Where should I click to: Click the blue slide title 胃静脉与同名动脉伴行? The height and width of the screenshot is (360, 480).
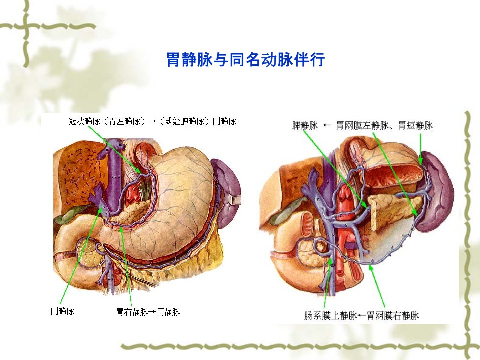tap(245, 59)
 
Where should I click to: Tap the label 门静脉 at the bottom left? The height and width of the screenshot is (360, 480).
tap(63, 311)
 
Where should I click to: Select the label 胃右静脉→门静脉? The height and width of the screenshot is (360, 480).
tap(148, 312)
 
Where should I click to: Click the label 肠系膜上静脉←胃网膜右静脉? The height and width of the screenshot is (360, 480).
tap(361, 315)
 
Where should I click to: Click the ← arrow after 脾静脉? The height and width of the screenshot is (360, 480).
tap(327, 125)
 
